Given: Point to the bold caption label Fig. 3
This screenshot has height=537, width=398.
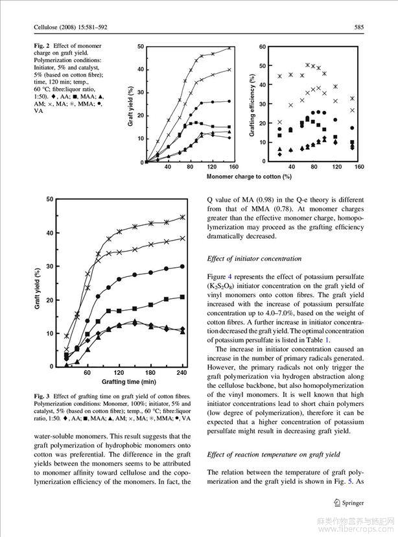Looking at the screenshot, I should [43, 396].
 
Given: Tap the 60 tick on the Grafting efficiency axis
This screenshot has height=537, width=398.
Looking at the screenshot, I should [262, 47].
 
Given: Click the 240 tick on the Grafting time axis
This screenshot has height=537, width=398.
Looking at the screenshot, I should [181, 374].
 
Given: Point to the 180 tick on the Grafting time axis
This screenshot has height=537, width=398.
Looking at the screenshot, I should [150, 374].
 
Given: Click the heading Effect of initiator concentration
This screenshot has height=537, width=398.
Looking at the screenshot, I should [254, 259].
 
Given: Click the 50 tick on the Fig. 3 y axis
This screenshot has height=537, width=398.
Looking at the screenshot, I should [50, 198].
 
